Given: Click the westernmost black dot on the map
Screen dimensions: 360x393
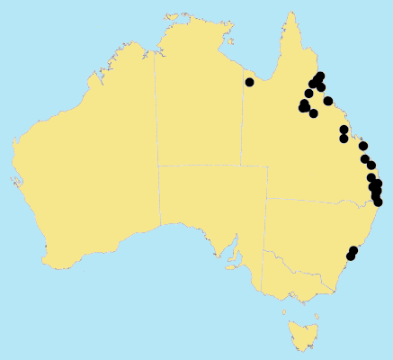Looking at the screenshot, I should click(249, 83).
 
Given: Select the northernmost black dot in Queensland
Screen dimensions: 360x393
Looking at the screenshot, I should click(321, 76).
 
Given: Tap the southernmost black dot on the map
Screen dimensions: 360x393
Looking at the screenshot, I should click(351, 256).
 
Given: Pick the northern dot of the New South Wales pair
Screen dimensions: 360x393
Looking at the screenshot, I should click(353, 250).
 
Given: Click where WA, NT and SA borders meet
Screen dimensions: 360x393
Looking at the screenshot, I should click(157, 166).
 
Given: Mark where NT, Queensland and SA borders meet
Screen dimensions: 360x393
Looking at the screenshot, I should click(241, 166).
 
